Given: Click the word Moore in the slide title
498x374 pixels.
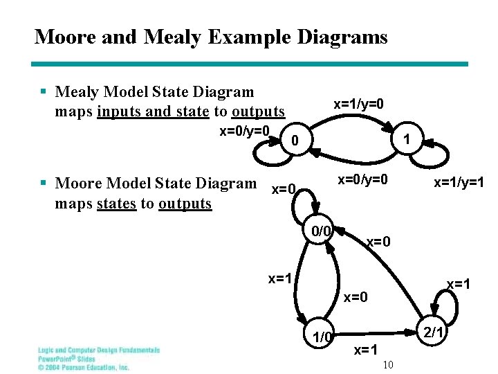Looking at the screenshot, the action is [x=64, y=37].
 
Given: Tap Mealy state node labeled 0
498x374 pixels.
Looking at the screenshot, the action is [x=295, y=141].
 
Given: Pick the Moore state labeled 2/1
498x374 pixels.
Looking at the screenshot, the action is [x=433, y=332].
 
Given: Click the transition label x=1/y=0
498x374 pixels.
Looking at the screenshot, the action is [x=358, y=104].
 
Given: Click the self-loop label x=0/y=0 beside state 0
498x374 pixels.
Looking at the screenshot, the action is [x=244, y=131].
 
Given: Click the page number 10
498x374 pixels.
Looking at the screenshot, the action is [x=387, y=365].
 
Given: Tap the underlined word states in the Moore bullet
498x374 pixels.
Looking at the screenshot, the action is [x=116, y=204].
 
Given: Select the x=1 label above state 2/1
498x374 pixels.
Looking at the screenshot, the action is [x=459, y=283].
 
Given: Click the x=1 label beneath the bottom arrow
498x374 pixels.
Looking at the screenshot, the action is [x=366, y=350].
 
